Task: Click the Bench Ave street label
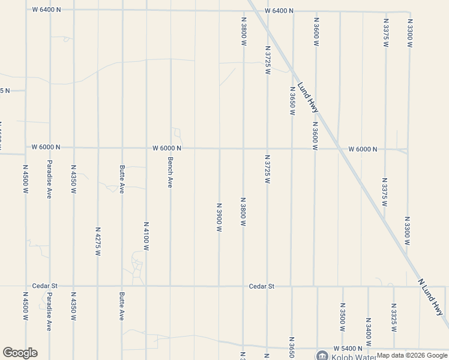coord(170,172)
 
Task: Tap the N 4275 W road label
coord(97,241)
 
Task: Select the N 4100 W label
coord(146,236)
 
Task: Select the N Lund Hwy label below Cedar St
coord(430,296)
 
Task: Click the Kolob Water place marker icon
coord(323,356)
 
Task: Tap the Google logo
coord(20,353)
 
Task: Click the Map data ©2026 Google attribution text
coord(412,355)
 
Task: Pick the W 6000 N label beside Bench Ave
coord(167,148)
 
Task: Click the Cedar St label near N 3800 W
coord(262,286)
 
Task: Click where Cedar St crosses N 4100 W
coord(146,286)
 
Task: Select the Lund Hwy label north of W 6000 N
coord(307,97)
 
